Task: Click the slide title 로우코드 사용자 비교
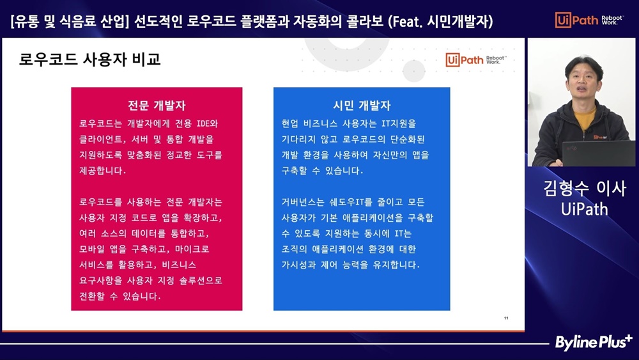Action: (89, 59)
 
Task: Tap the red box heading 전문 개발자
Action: (157, 106)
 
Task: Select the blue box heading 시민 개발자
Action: (362, 106)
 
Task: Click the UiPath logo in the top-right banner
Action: (589, 20)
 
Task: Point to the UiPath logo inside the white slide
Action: (476, 60)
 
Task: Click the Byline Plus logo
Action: (594, 343)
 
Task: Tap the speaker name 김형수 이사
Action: (585, 189)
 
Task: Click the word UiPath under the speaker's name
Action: (585, 209)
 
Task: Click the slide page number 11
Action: (506, 318)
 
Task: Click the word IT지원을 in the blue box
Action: (399, 123)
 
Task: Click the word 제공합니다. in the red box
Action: (102, 171)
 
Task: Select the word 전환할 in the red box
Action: (91, 296)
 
